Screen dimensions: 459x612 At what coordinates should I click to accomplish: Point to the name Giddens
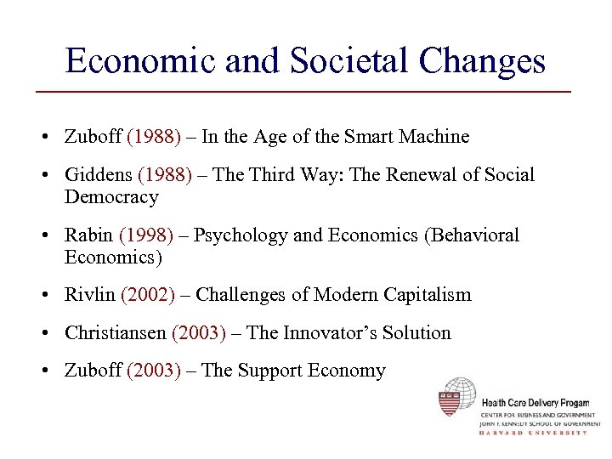click(x=97, y=175)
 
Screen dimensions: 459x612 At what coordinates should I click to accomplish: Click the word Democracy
click(x=111, y=197)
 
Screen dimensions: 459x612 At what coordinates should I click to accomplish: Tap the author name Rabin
click(x=89, y=235)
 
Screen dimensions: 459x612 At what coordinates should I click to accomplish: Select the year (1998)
click(x=145, y=235)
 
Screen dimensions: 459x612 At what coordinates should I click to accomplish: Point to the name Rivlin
click(x=90, y=295)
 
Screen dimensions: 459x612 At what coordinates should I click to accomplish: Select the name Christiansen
click(x=116, y=332)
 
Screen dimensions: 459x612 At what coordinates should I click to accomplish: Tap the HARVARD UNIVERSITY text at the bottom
click(x=533, y=432)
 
